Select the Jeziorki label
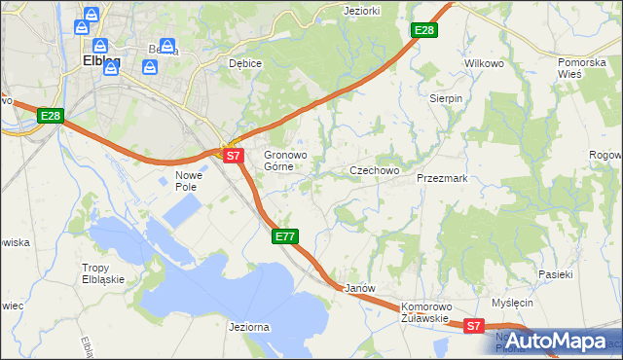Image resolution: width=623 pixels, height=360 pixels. tap(361, 11)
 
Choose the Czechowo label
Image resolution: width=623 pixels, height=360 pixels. tap(375, 170)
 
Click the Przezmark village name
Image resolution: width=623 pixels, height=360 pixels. tap(442, 179)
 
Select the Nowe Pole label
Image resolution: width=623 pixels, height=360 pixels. tap(187, 181)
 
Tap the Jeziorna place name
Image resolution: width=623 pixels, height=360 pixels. tap(248, 328)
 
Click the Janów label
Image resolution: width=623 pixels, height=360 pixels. tap(360, 289)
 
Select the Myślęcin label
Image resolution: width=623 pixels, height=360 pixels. tap(513, 303)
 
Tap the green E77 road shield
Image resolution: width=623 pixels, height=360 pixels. tap(285, 236)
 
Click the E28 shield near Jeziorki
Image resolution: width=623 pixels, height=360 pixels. tap(424, 31)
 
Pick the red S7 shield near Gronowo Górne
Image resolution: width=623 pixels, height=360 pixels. tap(232, 155)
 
